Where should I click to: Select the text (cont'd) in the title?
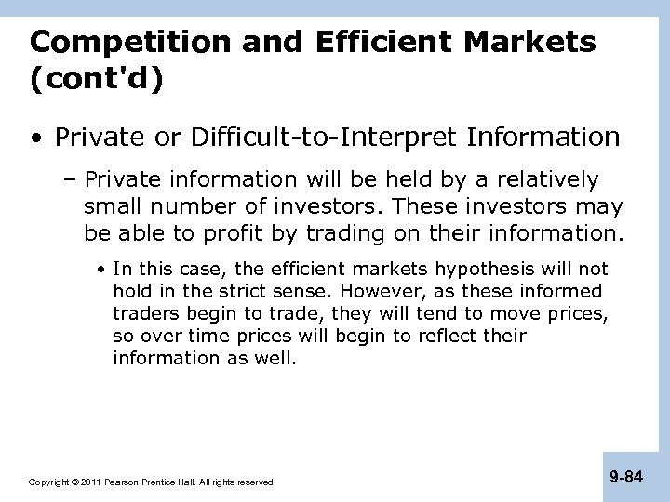[96, 80]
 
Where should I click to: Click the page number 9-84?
[626, 478]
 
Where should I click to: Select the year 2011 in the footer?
[90, 482]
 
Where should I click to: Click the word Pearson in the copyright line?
[121, 482]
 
